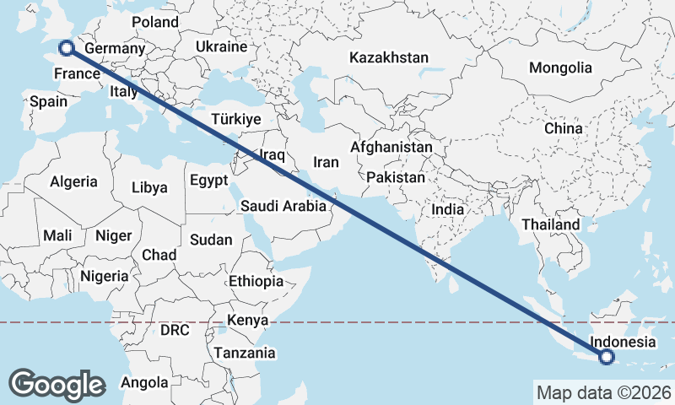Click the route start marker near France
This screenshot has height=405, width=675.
[x=65, y=49]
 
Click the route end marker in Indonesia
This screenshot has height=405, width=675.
[x=607, y=358]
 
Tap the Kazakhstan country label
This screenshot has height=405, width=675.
[x=389, y=58]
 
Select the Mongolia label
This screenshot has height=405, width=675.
[x=560, y=67]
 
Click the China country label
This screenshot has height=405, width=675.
[x=563, y=128]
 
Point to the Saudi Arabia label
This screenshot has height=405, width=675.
[x=283, y=205]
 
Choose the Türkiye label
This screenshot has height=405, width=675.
[x=236, y=119]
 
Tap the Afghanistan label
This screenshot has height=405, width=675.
[x=391, y=147]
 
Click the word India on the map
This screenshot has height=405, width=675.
[x=447, y=208]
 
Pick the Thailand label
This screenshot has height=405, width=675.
[x=551, y=224]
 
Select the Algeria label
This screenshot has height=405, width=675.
[x=74, y=181]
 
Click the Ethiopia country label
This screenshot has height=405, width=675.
[x=256, y=281]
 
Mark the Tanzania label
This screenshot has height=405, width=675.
[x=245, y=353]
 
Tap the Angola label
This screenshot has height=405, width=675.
[x=144, y=382]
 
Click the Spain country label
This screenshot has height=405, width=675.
[x=48, y=101]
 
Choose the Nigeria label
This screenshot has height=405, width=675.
[x=105, y=276]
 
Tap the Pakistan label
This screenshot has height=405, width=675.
[x=396, y=177]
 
